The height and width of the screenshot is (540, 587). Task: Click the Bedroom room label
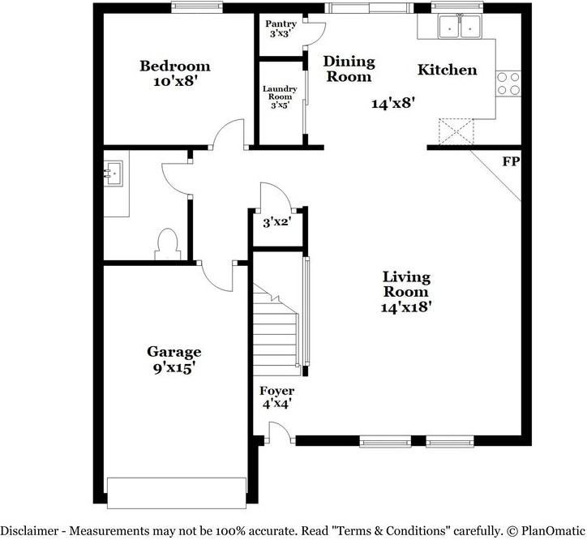coord(174,66)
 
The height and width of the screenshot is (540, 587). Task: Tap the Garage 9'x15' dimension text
coord(174,367)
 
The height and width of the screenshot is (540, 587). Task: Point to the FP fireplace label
coord(510,162)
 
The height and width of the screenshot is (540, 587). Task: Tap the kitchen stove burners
coord(508,84)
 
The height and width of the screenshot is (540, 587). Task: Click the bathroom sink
coord(113,172)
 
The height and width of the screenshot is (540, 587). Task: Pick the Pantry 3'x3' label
coord(281,29)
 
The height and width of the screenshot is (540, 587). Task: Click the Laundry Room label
coord(279,96)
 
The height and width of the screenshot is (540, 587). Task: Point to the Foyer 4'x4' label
coord(276,397)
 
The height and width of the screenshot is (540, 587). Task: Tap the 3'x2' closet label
coord(276,221)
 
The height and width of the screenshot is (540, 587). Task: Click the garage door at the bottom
coord(175,492)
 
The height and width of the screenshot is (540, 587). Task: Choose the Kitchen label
coord(447,70)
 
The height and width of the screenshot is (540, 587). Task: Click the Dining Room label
coord(349,69)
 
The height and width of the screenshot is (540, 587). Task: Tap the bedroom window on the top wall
coord(198,8)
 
